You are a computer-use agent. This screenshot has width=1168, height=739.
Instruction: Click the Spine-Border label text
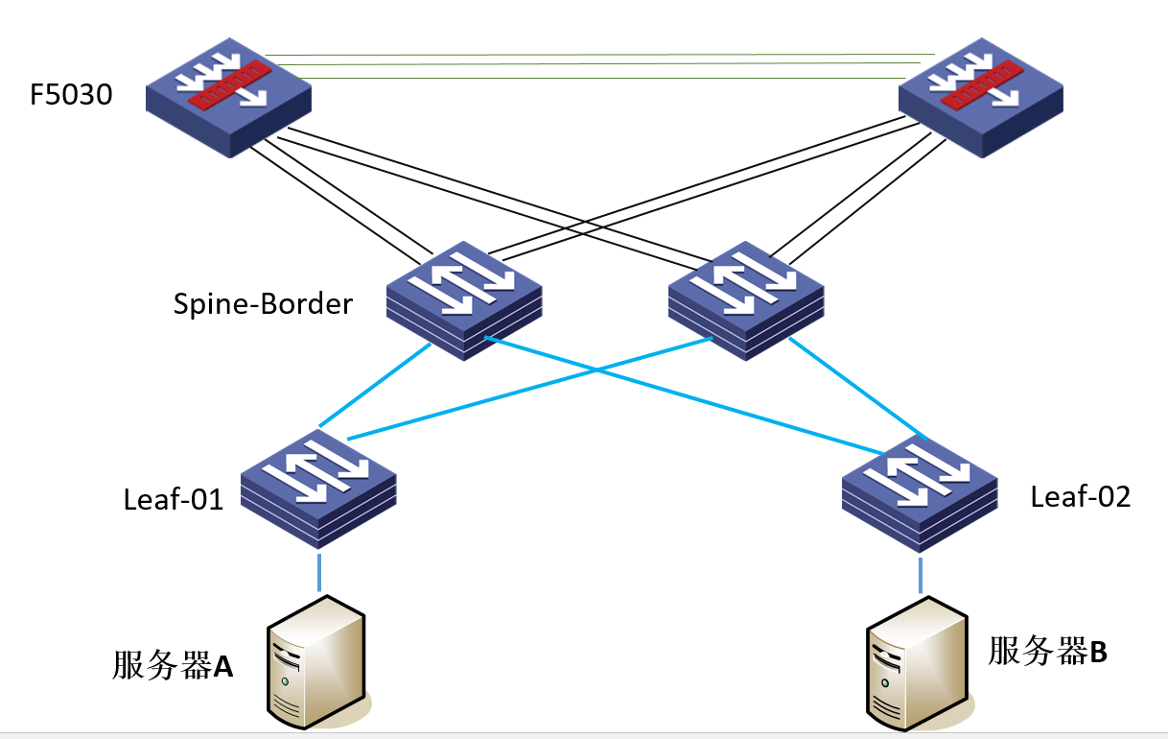(263, 304)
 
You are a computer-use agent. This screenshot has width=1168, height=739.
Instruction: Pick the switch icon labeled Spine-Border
(464, 300)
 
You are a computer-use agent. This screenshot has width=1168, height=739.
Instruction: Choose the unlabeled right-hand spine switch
(745, 300)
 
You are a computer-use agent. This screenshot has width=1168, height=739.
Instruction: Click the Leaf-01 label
(174, 499)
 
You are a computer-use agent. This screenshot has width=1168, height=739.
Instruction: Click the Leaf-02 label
(1081, 496)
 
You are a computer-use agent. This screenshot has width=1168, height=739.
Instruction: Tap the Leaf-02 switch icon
(921, 493)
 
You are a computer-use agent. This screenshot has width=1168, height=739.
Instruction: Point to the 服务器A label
(173, 665)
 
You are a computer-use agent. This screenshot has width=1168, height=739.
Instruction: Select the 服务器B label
(1047, 652)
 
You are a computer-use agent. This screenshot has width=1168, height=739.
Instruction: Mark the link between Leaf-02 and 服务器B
(922, 574)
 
